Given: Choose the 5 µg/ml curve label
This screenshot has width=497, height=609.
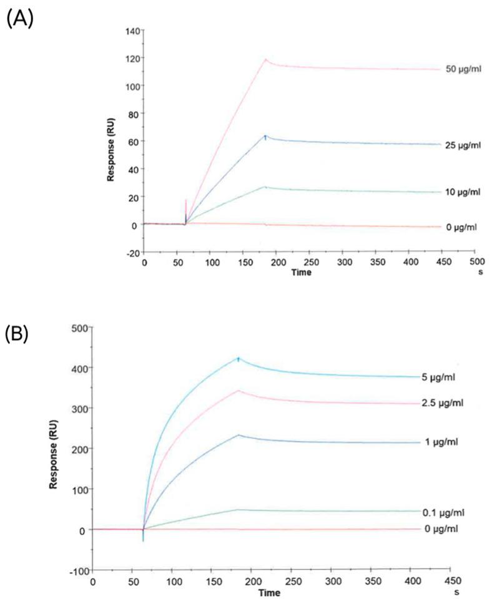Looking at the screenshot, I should [452, 378].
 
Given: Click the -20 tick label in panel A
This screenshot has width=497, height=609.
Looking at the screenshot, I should [131, 253].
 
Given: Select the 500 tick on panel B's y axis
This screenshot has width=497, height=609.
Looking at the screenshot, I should [80, 327].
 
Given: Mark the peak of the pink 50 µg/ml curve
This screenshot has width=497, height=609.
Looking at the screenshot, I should [266, 60].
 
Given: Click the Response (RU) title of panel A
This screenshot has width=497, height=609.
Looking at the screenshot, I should [111, 141].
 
